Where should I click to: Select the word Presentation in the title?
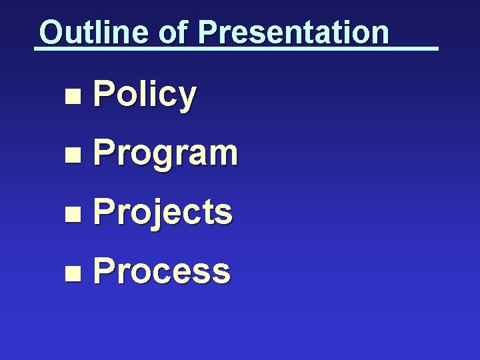point(293,32)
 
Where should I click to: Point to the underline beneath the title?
point(236,49)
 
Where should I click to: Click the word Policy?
point(145,95)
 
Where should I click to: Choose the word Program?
point(165,153)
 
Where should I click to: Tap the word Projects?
point(163,212)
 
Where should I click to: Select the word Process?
point(162,271)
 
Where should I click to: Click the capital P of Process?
point(103,271)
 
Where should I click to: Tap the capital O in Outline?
point(50,32)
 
